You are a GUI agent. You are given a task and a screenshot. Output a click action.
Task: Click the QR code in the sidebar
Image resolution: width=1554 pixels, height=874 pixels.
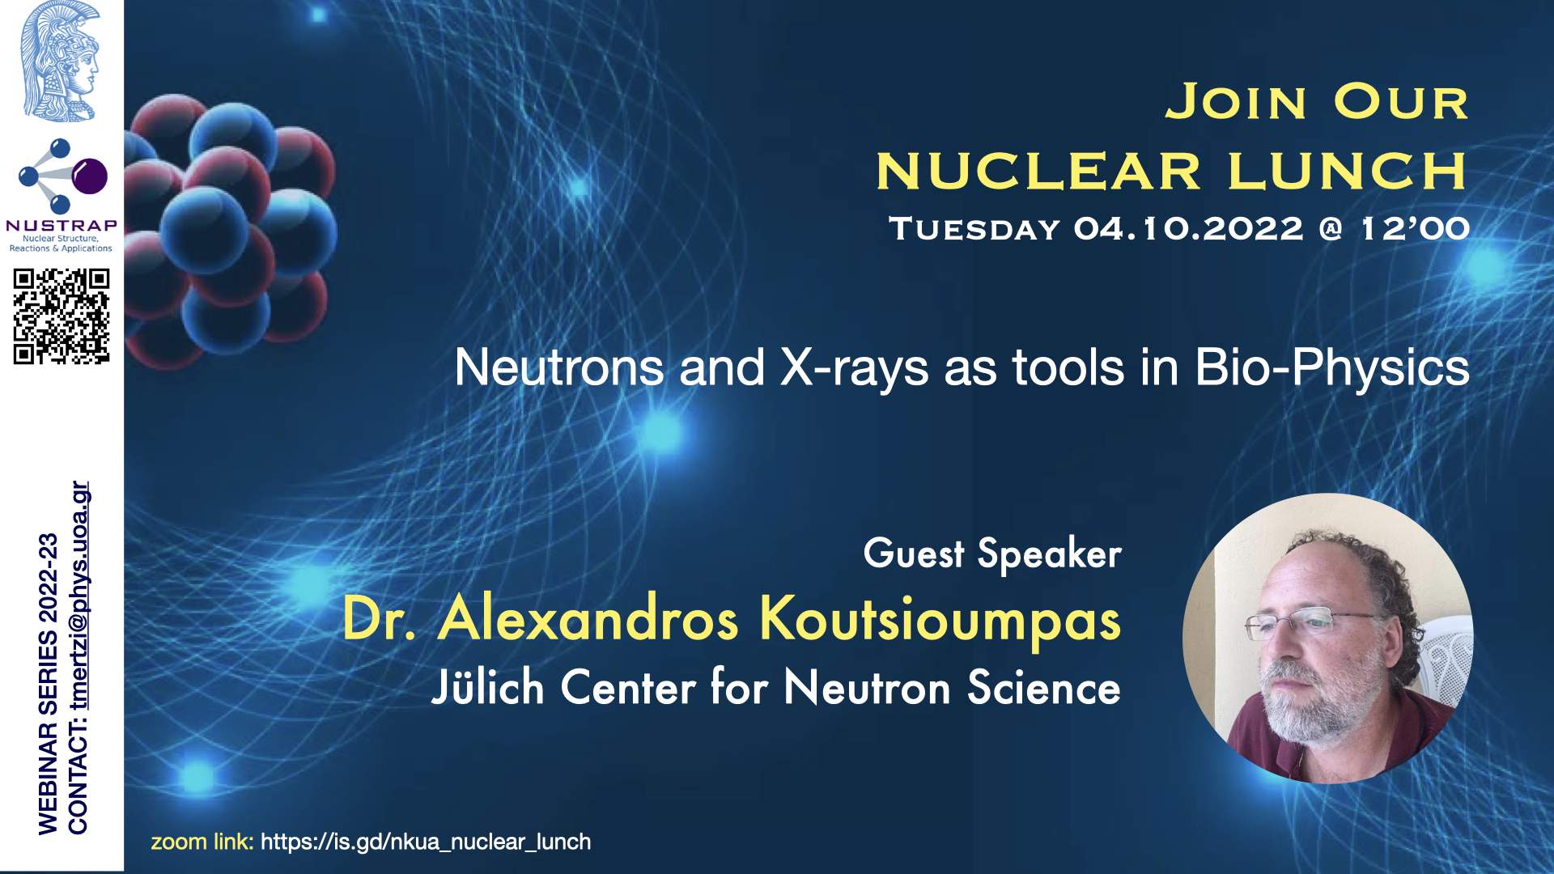coord(62,316)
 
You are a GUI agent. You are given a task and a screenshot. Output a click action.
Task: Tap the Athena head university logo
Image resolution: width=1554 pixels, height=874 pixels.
coord(61,62)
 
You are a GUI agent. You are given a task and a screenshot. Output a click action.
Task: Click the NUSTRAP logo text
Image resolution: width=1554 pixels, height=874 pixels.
coord(62,225)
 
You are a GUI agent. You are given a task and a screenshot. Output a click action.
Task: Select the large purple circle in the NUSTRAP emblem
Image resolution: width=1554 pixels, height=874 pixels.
coord(90,176)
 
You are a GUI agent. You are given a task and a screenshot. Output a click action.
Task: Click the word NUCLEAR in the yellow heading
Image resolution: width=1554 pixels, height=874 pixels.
coord(1038,172)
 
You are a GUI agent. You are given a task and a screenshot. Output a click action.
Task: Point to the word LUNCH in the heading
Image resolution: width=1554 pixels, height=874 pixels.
coord(1348,172)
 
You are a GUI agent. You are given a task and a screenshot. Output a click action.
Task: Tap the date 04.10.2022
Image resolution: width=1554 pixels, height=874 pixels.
coord(1188,229)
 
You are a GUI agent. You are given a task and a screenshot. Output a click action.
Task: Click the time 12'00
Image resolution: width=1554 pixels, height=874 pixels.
coord(1416,229)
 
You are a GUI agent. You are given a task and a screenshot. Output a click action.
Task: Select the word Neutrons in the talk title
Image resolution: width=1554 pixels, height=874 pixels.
coord(559,367)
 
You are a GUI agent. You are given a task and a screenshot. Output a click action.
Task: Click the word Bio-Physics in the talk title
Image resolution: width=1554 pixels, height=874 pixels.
coord(1332,368)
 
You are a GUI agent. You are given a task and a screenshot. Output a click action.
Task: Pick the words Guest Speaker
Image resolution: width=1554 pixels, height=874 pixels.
coord(992,554)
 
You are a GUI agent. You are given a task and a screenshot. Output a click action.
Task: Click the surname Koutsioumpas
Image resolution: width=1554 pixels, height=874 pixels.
coord(940,620)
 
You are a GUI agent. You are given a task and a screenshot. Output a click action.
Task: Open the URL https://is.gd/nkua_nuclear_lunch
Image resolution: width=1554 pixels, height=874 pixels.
coord(426,842)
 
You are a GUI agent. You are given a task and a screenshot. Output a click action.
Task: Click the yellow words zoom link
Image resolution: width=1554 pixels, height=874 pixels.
coord(202,842)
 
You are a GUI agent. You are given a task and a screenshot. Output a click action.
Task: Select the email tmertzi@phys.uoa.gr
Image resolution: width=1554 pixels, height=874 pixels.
coord(79,596)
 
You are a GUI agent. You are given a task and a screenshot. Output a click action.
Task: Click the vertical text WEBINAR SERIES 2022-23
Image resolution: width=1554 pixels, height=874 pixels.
coord(48,684)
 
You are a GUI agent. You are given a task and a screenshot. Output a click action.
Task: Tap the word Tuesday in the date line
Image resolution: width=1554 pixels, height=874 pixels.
coord(974,229)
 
